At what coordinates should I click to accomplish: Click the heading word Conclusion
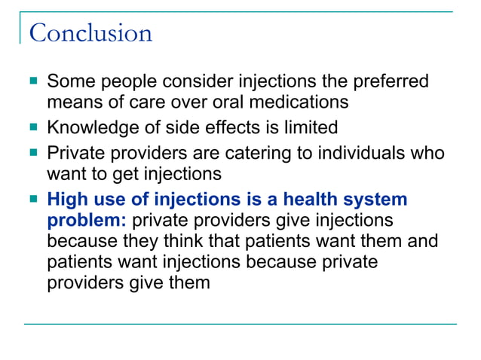tap(90, 33)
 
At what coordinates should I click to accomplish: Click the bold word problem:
tap(86, 221)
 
